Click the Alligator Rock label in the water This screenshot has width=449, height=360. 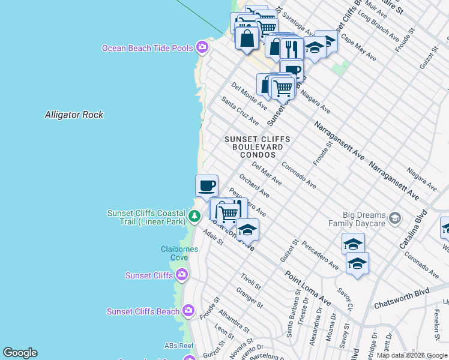click(74, 115)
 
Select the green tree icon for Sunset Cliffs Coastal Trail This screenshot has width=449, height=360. click(194, 215)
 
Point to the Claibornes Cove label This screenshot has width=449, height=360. click(175, 253)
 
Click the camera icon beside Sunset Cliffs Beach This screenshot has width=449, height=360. click(188, 311)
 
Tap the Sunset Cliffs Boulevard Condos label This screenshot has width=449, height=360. click(257, 147)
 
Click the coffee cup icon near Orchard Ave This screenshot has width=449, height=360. click(206, 185)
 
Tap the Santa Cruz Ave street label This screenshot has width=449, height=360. click(240, 111)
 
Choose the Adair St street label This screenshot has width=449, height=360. click(213, 238)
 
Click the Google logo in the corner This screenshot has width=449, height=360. click(20, 353)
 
